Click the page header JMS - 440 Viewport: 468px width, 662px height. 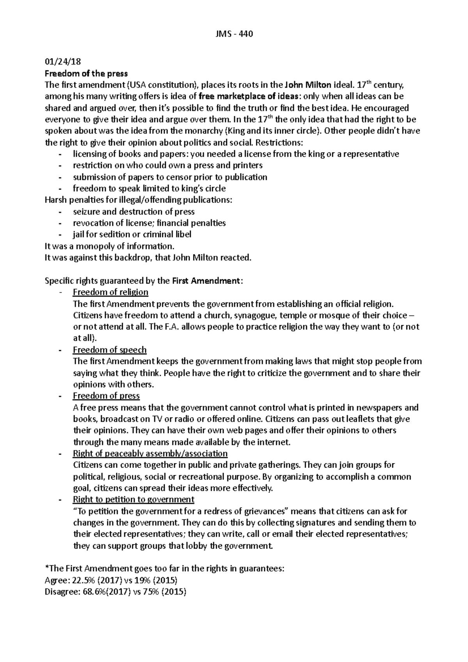tap(234, 34)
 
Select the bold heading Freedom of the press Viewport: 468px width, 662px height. tap(86, 73)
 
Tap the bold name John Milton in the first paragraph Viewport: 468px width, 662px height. tap(308, 85)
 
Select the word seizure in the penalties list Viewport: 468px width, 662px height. tap(87, 212)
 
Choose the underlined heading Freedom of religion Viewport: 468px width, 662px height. tap(110, 292)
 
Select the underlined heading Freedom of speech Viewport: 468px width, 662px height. tap(110, 350)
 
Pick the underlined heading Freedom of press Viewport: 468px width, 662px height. tap(106, 396)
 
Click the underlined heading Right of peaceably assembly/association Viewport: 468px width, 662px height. tap(150, 454)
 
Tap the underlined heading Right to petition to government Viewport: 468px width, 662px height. tap(133, 500)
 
